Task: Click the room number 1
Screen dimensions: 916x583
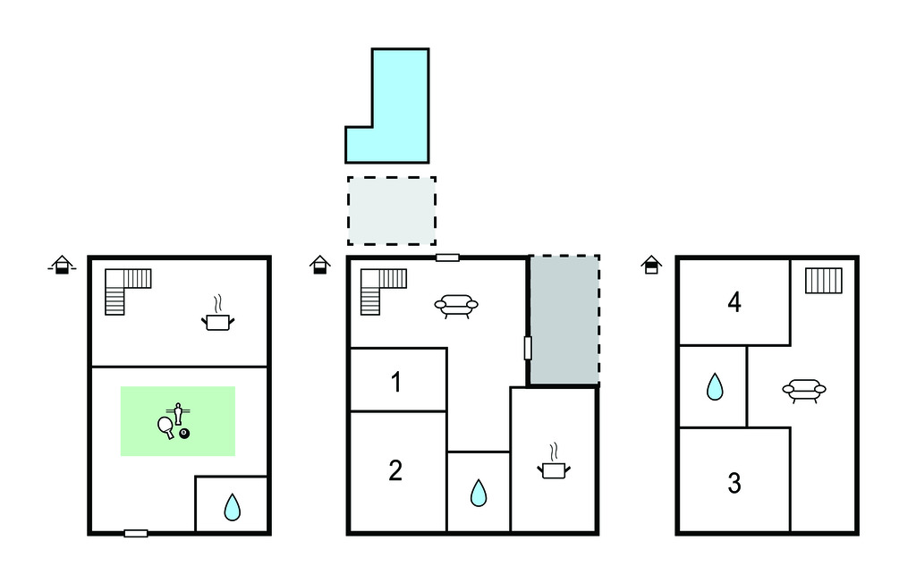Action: coord(396,382)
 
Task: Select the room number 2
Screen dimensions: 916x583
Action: coord(395,470)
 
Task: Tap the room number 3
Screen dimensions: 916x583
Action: coord(734,483)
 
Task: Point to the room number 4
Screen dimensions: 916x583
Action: coord(734,302)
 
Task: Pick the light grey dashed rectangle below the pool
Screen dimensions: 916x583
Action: coord(392,211)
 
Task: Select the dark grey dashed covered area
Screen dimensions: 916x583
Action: coord(564,320)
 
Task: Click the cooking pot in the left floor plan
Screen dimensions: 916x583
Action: coord(218,314)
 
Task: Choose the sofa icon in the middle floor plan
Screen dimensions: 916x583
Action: coord(456,306)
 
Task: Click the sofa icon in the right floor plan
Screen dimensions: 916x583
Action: coord(804,391)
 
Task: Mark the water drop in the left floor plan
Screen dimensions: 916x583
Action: coord(232,507)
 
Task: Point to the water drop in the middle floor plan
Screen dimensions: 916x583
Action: coord(479,493)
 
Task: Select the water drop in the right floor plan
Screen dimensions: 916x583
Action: coord(715,386)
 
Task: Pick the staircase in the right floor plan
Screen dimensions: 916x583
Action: coord(824,281)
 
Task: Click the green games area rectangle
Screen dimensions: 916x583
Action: coord(178,421)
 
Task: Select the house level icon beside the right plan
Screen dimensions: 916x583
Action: coord(651,265)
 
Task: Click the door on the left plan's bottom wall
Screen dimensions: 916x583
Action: coord(136,533)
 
